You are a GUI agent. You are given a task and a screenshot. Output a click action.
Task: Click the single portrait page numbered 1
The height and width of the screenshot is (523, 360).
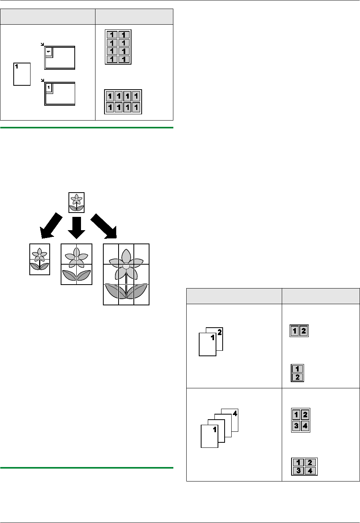coord(22,74)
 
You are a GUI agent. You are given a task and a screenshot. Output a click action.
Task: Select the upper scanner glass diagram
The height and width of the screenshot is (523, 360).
coord(60,58)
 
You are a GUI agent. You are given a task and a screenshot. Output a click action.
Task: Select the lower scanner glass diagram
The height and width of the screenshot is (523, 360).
coord(60,94)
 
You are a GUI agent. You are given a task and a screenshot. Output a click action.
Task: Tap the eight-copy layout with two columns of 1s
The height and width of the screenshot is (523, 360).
coord(118,47)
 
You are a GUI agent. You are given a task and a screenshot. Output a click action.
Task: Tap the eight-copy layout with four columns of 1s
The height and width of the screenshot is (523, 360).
coord(122,102)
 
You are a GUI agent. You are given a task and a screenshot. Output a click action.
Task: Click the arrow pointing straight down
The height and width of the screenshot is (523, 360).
coord(76,226)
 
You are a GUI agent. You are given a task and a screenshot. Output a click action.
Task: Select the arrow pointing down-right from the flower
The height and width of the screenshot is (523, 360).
coord(104,226)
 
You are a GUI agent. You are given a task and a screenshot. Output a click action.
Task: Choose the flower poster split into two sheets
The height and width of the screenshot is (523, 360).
coord(40,259)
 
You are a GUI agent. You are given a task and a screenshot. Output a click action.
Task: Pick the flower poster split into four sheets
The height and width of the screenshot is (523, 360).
coord(76,264)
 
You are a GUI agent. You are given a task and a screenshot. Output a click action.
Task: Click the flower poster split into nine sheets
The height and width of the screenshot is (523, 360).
coord(126,274)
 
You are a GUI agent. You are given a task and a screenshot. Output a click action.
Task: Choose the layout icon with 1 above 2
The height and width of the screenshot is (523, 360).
coord(298,373)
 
